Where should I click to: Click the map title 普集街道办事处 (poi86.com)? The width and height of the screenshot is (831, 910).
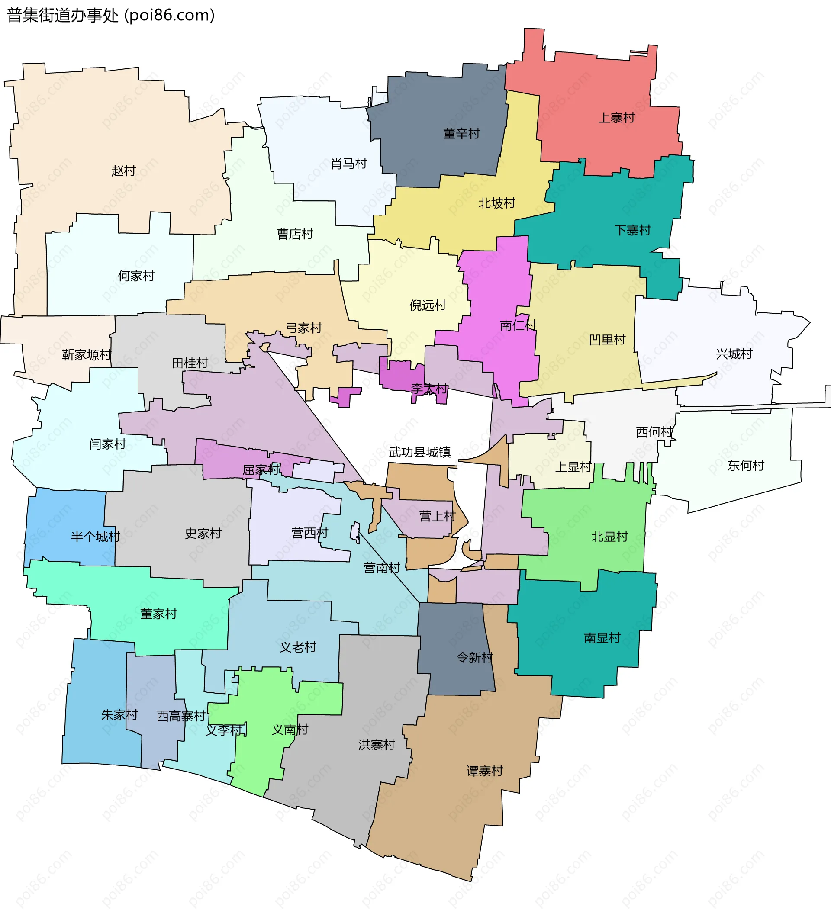click(x=111, y=15)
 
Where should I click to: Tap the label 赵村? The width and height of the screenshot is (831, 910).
click(x=124, y=170)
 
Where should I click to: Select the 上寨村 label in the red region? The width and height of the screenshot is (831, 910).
click(x=616, y=118)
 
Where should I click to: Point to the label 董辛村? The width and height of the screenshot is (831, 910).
click(x=461, y=134)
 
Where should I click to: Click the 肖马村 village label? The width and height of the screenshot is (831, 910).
click(x=348, y=164)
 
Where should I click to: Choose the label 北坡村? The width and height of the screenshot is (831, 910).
click(x=496, y=203)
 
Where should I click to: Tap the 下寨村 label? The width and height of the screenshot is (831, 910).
click(x=632, y=230)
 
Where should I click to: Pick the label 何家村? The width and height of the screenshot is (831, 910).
click(x=136, y=276)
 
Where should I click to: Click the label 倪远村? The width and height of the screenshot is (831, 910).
click(x=428, y=305)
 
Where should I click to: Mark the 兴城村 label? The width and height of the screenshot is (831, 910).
click(x=734, y=354)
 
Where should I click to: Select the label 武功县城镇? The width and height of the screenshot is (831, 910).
click(x=419, y=452)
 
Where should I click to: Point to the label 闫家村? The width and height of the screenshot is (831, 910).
click(x=107, y=444)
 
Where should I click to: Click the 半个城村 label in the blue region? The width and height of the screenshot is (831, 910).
click(x=95, y=537)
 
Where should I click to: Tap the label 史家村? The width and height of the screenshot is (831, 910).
click(x=203, y=534)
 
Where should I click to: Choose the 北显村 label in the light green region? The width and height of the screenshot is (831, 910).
click(x=609, y=537)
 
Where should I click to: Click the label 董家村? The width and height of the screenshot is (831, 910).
click(x=158, y=614)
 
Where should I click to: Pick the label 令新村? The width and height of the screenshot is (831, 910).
click(x=474, y=657)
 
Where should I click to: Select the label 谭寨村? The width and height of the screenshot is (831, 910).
click(x=484, y=771)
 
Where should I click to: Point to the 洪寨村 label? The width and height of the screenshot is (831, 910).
click(x=377, y=745)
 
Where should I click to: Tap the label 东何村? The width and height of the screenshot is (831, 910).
click(x=745, y=465)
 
